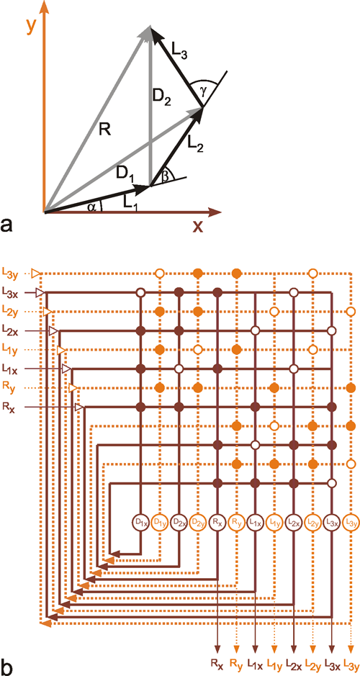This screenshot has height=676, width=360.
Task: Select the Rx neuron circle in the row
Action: coord(217,523)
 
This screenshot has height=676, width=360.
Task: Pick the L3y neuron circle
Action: coord(351,523)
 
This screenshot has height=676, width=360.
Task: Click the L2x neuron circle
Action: coord(294,523)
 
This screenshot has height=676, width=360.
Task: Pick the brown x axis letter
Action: coord(197,225)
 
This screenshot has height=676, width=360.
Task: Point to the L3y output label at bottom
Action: coord(351,665)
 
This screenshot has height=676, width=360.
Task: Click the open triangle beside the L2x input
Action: coord(54,330)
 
